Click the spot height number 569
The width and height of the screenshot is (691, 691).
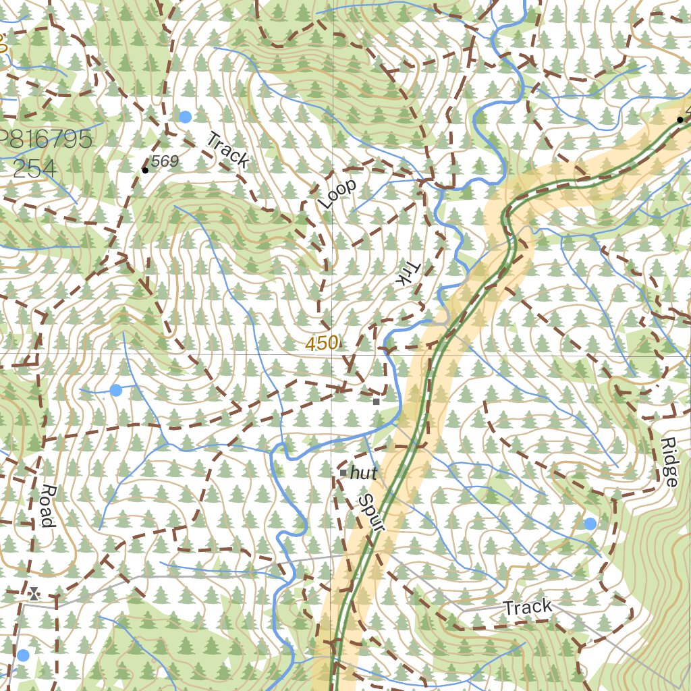pos(165,161)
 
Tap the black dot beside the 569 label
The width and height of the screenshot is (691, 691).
pos(145,170)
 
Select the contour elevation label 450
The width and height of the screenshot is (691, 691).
pos(321,343)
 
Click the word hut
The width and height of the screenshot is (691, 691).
pos(364,472)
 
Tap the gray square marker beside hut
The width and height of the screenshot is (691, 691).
pos(343,473)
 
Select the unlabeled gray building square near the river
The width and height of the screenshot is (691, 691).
pos(377,402)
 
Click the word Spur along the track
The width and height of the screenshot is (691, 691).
pos(370,514)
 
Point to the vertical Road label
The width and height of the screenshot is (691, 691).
pos(47,505)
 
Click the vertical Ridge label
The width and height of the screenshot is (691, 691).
pos(669,462)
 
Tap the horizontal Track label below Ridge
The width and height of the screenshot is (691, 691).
pos(528,607)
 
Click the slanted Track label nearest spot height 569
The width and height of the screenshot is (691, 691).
pos(227,150)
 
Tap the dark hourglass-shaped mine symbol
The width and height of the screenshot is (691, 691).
pos(34,594)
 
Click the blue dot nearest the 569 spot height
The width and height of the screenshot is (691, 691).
pos(186,117)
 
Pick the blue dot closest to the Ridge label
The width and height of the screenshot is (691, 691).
pos(590,524)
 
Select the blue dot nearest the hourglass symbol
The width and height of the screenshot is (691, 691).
pos(24,655)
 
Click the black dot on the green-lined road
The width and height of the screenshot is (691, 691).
pos(680,119)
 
